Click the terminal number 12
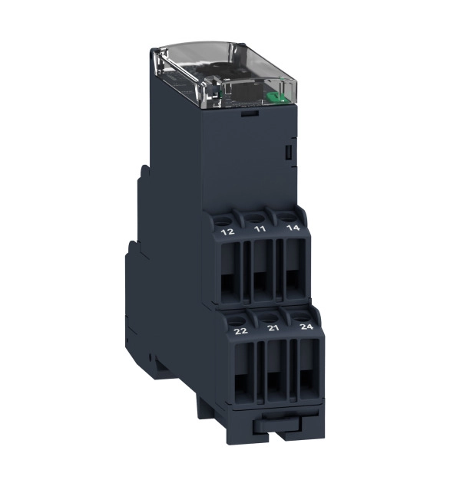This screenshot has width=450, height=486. (x=227, y=232)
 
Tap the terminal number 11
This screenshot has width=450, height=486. (x=260, y=229)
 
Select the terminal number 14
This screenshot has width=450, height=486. (x=293, y=228)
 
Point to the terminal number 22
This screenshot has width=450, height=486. (x=241, y=331)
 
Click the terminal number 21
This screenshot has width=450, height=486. (x=273, y=328)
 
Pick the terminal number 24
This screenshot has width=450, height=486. (x=307, y=327)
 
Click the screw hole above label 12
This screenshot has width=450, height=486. (x=223, y=222)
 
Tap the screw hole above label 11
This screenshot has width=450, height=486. (x=255, y=218)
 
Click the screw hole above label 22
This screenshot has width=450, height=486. (x=236, y=320)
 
